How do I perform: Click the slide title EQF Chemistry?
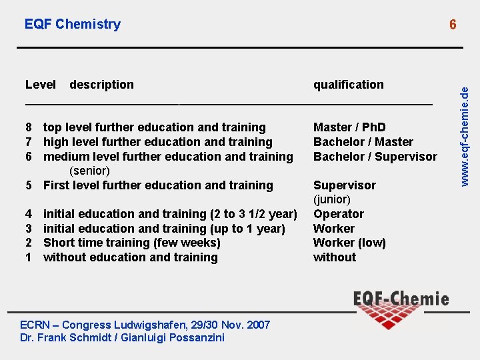73,24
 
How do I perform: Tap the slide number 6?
453,25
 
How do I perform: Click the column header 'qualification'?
349,85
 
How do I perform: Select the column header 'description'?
101,85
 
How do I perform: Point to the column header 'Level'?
41,85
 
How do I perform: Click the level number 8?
29,127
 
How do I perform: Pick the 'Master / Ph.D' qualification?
349,127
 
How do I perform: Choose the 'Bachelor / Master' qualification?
363,142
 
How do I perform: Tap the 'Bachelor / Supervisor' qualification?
375,157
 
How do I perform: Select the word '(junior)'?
332,199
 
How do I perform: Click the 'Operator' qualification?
339,214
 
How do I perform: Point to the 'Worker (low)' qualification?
349,243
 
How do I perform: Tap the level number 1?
29,257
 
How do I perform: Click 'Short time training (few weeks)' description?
131,243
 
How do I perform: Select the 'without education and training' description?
131,257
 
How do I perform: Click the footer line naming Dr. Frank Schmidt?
123,337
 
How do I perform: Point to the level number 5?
29,185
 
